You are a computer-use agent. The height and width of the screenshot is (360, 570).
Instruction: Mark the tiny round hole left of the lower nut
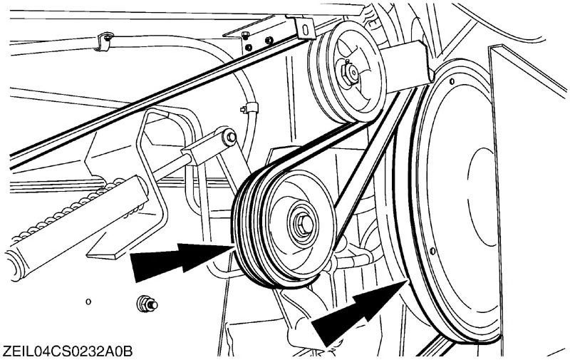tap(88, 302)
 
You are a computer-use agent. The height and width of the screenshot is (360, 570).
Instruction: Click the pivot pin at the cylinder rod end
tap(230, 135)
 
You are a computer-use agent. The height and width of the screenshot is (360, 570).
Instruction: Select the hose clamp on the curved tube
tap(246, 109)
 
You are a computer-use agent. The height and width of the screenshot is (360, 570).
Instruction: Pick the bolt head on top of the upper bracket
tap(245, 35)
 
